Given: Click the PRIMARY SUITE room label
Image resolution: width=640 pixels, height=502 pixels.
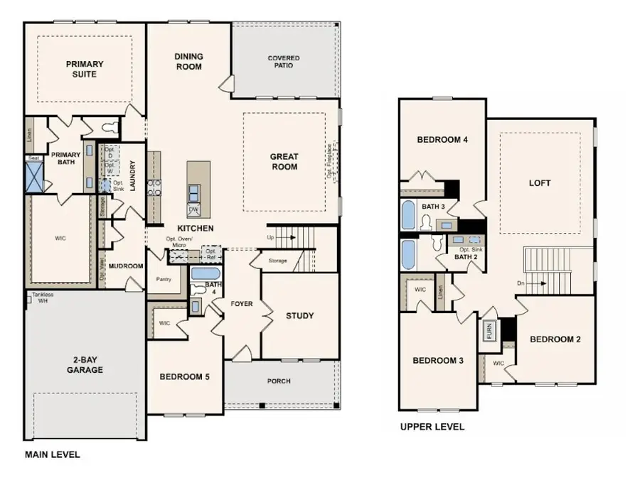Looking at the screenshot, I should tap(85, 69).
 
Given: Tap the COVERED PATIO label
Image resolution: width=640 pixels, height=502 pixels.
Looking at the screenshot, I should tap(284, 62).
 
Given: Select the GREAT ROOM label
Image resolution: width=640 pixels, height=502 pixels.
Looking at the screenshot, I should tap(284, 162).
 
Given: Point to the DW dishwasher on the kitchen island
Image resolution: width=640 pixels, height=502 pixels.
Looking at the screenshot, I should tap(193, 210).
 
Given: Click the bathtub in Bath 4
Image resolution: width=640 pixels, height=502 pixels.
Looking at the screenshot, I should tap(206, 273).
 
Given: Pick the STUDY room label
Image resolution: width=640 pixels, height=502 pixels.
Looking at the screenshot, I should tap(299, 316).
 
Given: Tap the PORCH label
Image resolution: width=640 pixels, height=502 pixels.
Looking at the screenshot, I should tap(279, 381).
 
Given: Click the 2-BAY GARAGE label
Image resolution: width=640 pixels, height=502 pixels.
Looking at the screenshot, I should tap(85, 365).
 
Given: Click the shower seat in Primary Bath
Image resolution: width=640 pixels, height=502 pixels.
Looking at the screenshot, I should tap(33, 158).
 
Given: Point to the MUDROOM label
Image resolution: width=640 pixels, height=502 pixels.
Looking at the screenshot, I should tap(126, 266).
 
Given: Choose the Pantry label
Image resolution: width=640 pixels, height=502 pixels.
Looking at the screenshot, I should tap(163, 279).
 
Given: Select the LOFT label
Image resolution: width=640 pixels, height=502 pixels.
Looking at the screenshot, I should tap(540, 183).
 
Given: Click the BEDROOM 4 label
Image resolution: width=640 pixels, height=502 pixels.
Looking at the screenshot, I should tap(442, 140).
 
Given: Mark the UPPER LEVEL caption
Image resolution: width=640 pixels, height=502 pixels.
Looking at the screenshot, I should tap(432, 427).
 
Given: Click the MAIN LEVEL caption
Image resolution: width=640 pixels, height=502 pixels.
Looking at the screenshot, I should tap(53, 455).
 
